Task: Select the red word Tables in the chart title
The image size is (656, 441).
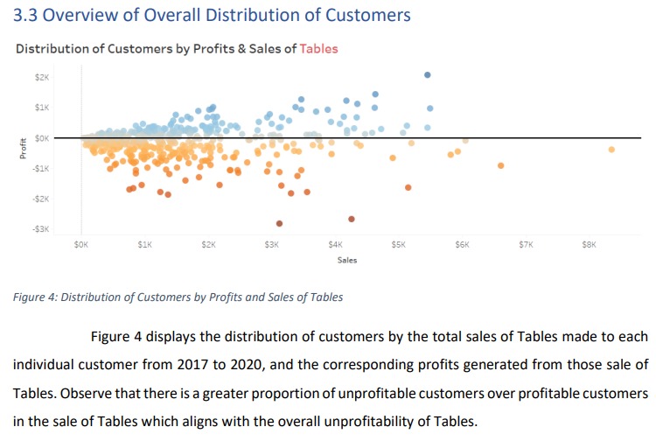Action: click(318, 48)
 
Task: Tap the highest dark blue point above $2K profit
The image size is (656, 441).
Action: click(427, 75)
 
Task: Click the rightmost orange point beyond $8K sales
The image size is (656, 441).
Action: click(611, 150)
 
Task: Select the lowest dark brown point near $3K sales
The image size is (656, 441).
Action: click(280, 223)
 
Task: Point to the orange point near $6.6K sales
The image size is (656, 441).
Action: click(500, 165)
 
